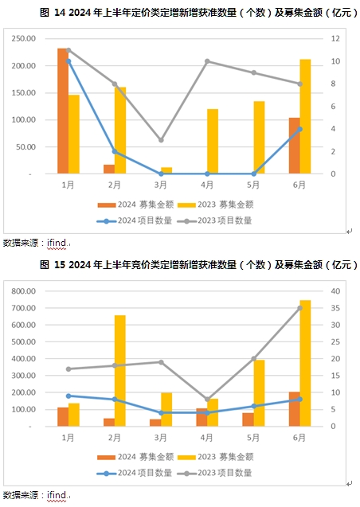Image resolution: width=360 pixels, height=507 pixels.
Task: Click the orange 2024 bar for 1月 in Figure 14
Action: (x=63, y=111)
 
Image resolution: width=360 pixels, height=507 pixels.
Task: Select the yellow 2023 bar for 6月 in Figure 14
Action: (x=305, y=116)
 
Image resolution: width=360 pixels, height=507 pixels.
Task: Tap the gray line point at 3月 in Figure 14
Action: (x=161, y=140)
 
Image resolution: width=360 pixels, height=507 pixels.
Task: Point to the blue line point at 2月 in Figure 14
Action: (x=115, y=151)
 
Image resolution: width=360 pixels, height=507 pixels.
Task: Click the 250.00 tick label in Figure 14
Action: (x=24, y=38)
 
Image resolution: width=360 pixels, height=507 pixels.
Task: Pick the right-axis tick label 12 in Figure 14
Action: (x=335, y=38)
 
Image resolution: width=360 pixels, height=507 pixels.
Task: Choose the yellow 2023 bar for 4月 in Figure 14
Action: (x=213, y=142)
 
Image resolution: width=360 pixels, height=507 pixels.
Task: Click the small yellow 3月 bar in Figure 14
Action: (x=166, y=170)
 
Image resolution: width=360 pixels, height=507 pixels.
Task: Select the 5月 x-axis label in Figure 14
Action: (x=253, y=185)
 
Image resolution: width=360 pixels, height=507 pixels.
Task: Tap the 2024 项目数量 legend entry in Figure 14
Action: (x=135, y=220)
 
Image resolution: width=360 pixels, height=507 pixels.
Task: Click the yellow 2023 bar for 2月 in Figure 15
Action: (x=120, y=371)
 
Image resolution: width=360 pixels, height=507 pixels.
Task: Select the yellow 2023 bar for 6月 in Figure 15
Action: (x=305, y=363)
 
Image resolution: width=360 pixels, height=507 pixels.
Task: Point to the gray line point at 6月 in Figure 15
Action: (x=299, y=308)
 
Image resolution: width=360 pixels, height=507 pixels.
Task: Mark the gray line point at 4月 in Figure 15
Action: (x=207, y=400)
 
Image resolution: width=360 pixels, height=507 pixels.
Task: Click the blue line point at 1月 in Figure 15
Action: (x=68, y=396)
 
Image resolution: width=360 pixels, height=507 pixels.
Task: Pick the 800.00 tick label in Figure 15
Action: (x=24, y=291)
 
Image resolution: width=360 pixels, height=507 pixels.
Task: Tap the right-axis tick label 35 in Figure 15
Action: (x=335, y=308)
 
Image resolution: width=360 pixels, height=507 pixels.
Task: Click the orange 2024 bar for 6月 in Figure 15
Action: (x=295, y=409)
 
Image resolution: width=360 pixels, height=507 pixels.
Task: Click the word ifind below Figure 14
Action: (x=57, y=243)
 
